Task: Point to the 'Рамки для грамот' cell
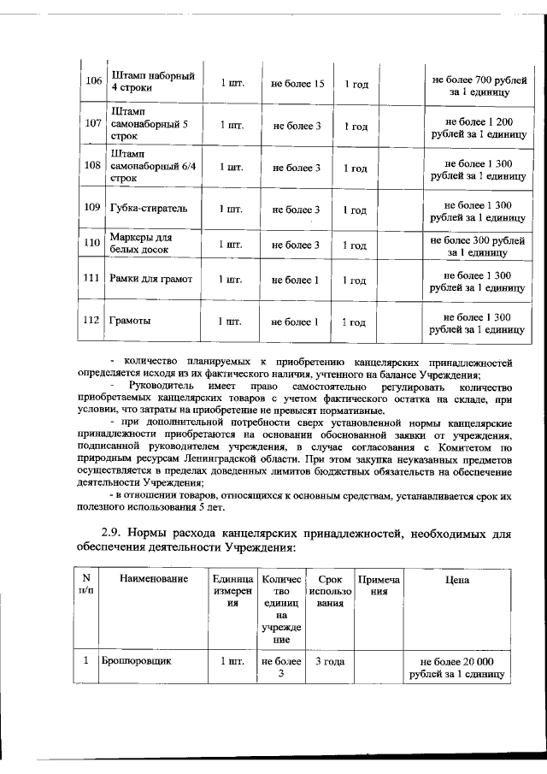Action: (x=150, y=279)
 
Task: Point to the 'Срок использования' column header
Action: (x=328, y=590)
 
